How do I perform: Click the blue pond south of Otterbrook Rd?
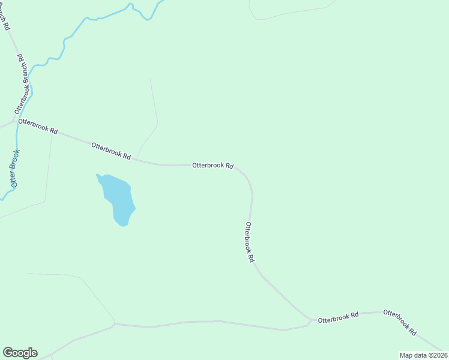(117, 198)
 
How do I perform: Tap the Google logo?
(20, 353)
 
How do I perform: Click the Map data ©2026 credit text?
(423, 355)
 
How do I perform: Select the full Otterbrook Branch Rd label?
(22, 85)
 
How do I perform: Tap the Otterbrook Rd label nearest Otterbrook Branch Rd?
(38, 126)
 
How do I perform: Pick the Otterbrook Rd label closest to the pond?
(111, 150)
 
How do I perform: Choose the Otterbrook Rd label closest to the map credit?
(400, 322)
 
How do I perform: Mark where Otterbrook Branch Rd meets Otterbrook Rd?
(14, 121)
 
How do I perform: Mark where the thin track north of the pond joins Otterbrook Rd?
(137, 160)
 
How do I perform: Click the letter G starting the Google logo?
(8, 353)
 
